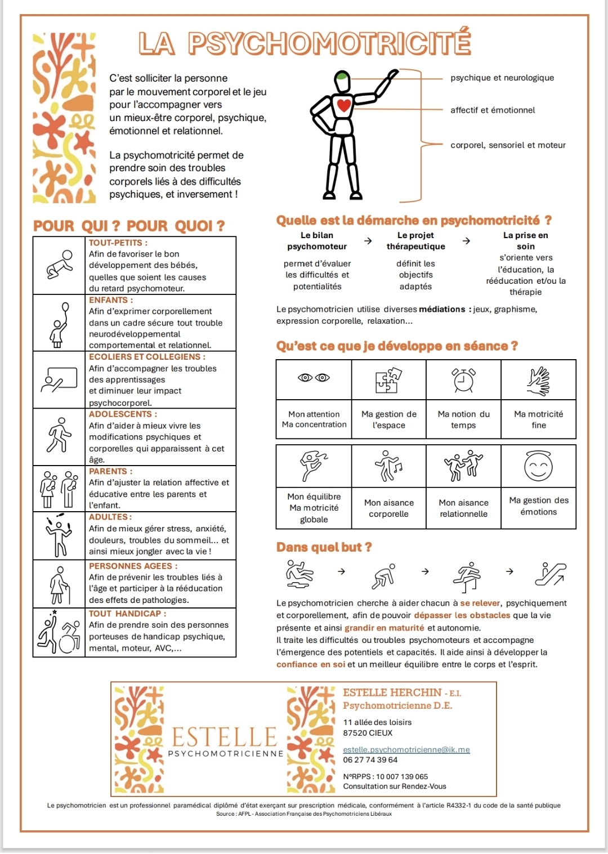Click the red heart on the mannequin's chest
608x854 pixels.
(x=344, y=105)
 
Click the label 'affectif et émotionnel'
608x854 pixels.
(x=493, y=110)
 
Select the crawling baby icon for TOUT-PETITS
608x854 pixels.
(x=60, y=265)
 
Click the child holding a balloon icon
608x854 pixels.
(x=59, y=324)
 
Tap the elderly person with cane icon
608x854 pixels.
(x=59, y=584)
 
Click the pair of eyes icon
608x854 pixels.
(x=314, y=378)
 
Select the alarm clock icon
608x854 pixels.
(x=464, y=380)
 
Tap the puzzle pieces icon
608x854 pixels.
(x=388, y=380)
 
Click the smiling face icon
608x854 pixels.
(x=538, y=466)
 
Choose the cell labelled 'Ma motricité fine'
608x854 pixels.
(x=538, y=419)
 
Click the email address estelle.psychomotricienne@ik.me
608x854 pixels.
(x=406, y=750)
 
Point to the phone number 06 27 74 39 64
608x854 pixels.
(x=370, y=760)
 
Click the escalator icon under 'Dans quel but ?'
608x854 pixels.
(x=550, y=573)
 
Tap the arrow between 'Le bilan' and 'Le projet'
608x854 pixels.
(x=368, y=241)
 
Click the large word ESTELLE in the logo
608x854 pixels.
(x=224, y=737)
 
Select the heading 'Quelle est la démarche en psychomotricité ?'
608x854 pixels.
(x=414, y=220)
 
